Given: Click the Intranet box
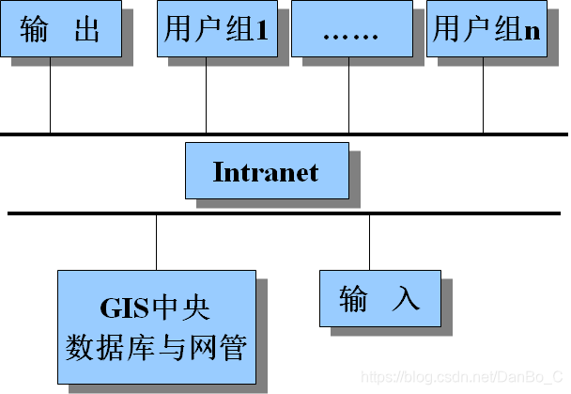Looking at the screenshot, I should pyautogui.click(x=266, y=171).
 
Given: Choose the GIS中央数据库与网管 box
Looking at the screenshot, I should pyautogui.click(x=156, y=326).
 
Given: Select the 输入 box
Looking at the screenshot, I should pyautogui.click(x=378, y=298).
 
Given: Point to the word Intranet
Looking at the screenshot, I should pyautogui.click(x=266, y=172).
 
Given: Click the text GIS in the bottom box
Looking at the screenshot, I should pyautogui.click(x=120, y=307).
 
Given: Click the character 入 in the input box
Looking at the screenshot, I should pyautogui.click(x=404, y=299).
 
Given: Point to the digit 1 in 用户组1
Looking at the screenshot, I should pyautogui.click(x=262, y=30).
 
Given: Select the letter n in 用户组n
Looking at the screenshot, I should pyautogui.click(x=532, y=30).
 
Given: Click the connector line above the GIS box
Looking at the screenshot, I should pyautogui.click(x=157, y=243).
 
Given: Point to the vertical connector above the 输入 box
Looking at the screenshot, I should pyautogui.click(x=369, y=243).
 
